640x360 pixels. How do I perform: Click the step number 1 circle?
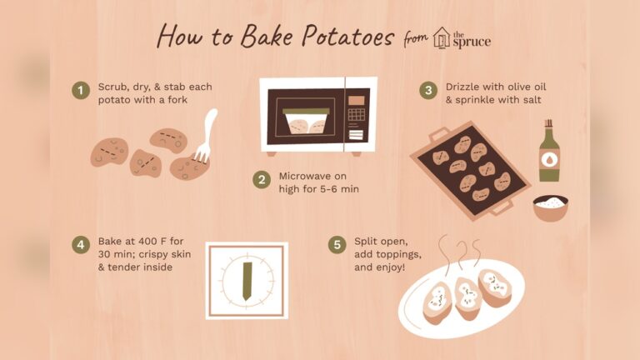[x=81, y=90]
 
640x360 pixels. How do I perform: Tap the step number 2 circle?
[x=262, y=181]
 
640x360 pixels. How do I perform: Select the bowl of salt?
[x=550, y=206]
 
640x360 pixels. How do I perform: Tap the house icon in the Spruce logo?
[x=442, y=40]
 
